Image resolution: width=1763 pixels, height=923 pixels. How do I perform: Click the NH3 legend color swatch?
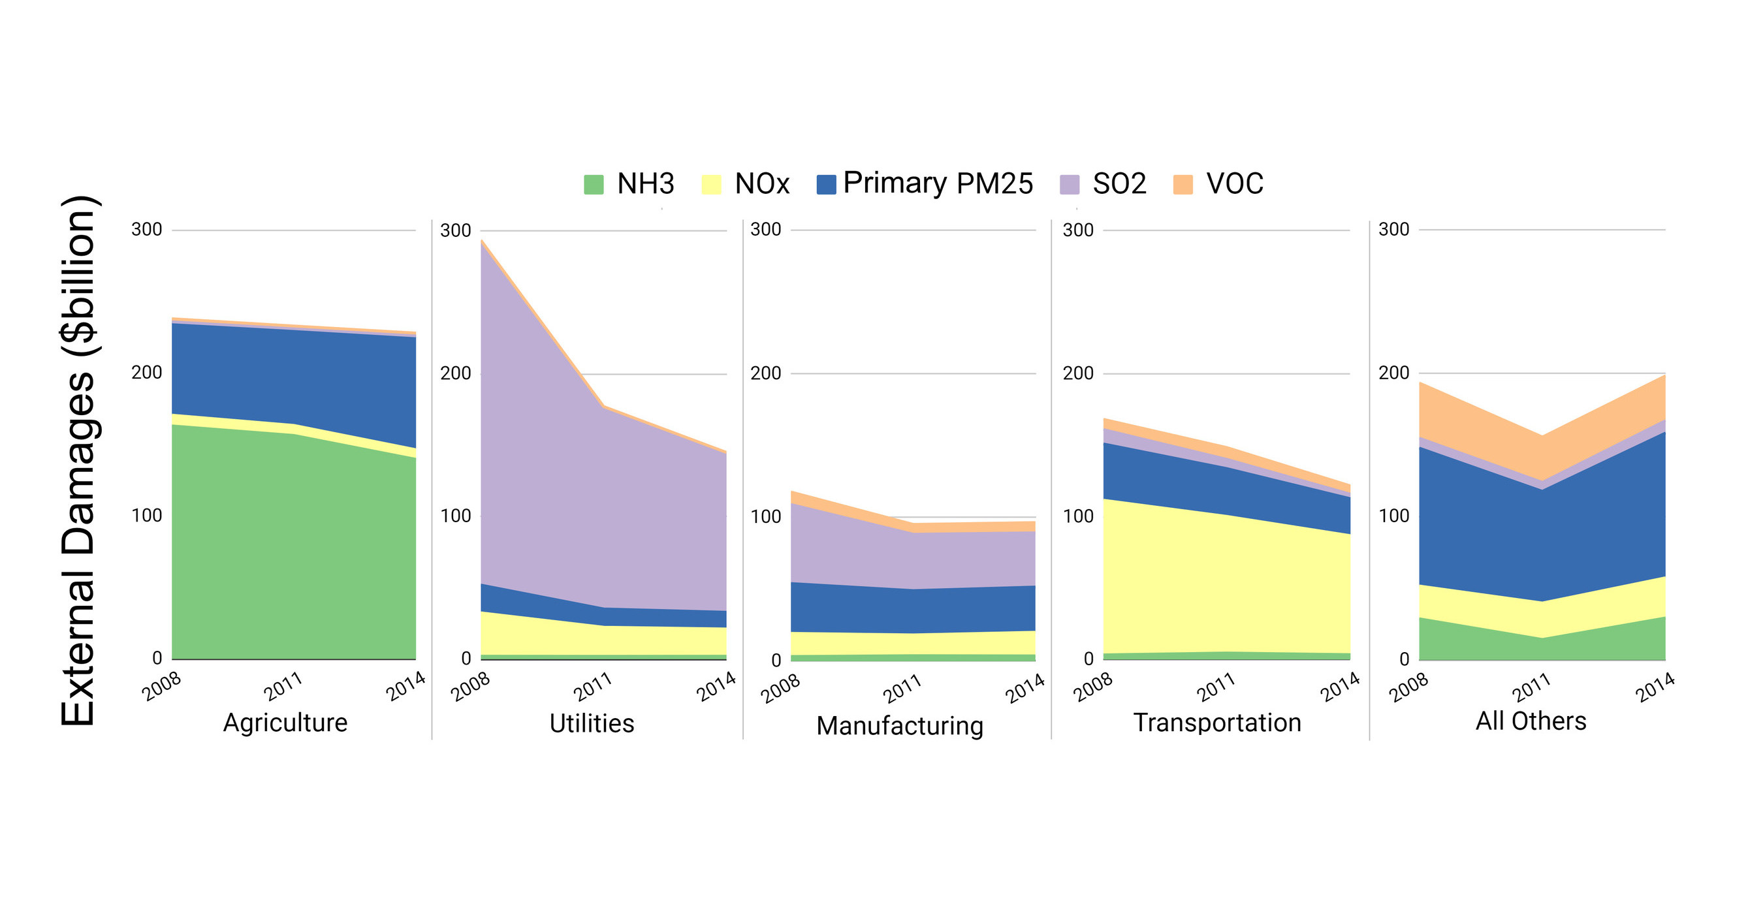point(594,185)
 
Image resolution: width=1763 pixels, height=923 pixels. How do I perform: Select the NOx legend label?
point(762,184)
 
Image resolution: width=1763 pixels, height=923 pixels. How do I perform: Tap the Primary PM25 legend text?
point(938,183)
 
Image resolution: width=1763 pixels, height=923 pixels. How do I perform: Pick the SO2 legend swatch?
point(1069,185)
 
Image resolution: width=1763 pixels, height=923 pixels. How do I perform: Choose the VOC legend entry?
point(1234,184)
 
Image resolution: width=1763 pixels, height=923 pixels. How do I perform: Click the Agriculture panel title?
point(285,723)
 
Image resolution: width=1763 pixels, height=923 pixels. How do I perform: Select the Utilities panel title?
point(592,723)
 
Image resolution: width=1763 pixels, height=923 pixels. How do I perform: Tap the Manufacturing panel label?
point(899,725)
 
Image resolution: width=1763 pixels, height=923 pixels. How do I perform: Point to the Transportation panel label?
point(1217,723)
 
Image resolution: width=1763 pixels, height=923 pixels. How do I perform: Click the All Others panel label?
point(1531,721)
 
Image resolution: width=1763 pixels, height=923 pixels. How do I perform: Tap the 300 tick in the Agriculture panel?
point(146,229)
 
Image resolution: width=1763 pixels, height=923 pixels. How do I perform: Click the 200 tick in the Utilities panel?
point(455,373)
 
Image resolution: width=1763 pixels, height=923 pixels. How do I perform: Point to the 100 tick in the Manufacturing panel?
point(765,516)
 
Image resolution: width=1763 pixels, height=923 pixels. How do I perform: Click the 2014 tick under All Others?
point(1655,686)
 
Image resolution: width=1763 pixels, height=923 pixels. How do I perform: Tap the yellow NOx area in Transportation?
point(1218,582)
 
